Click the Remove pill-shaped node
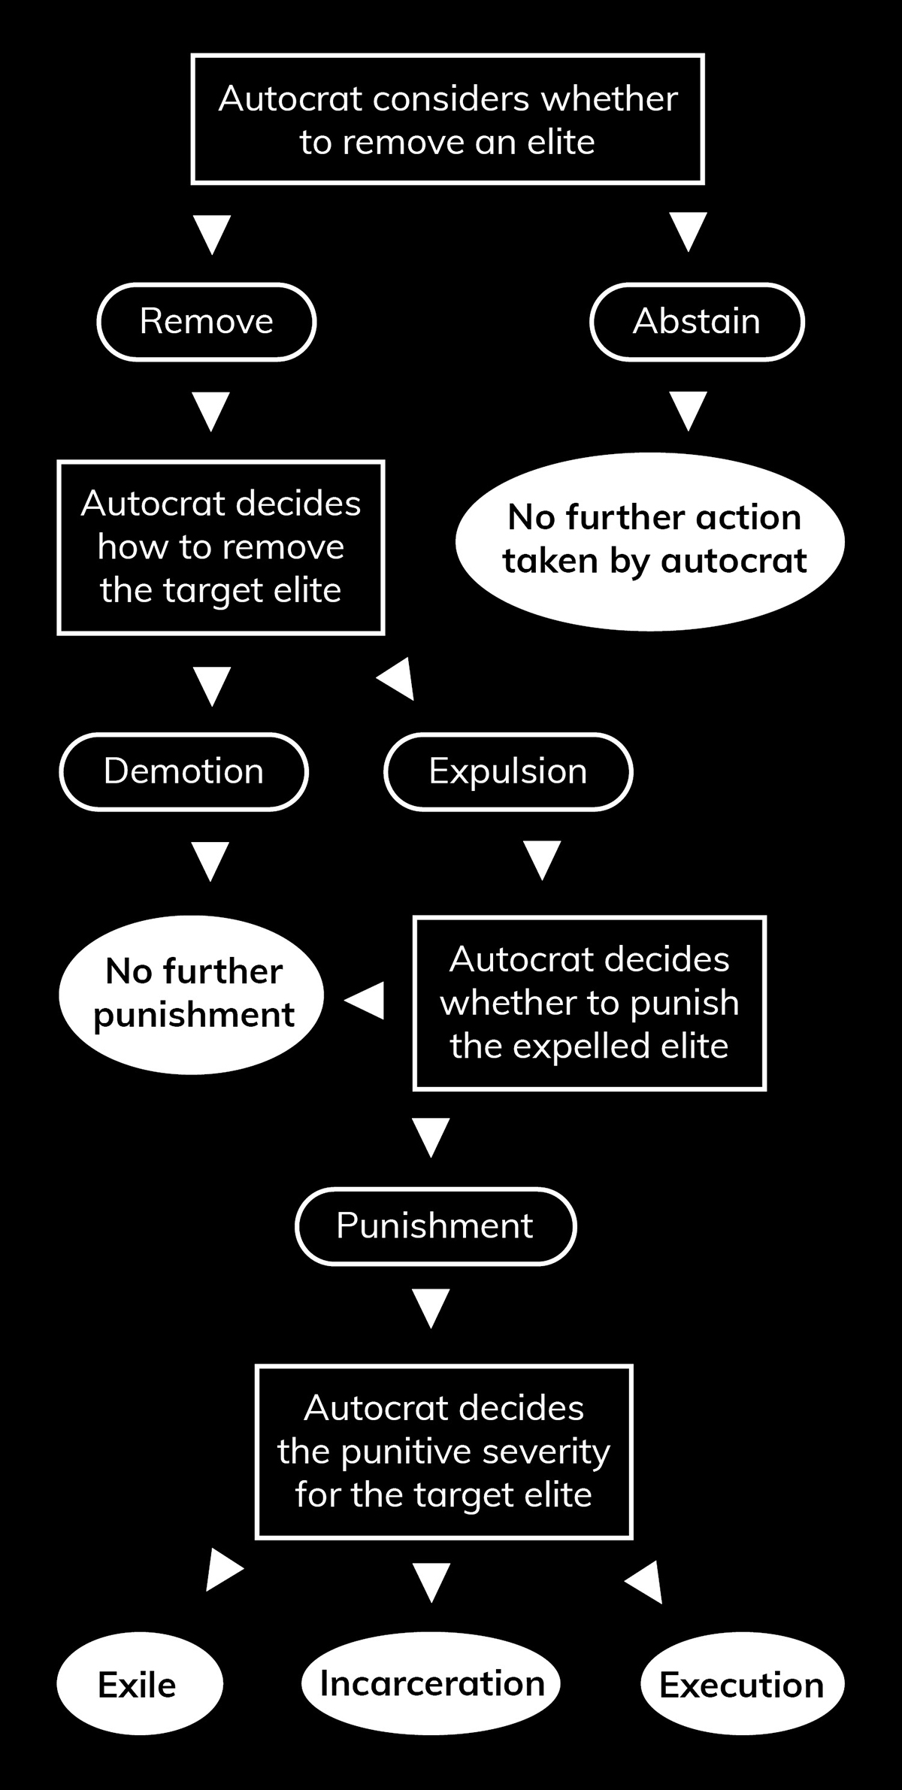coord(207,322)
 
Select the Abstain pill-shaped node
coord(697,322)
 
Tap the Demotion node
coord(183,771)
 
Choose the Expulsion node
coord(508,771)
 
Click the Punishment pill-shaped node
coord(435,1226)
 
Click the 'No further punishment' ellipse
coord(192,994)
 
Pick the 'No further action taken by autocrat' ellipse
coord(651,540)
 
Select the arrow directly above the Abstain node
coord(688,231)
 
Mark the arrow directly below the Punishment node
coord(431,1309)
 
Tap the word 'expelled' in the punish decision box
coord(571,1046)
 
